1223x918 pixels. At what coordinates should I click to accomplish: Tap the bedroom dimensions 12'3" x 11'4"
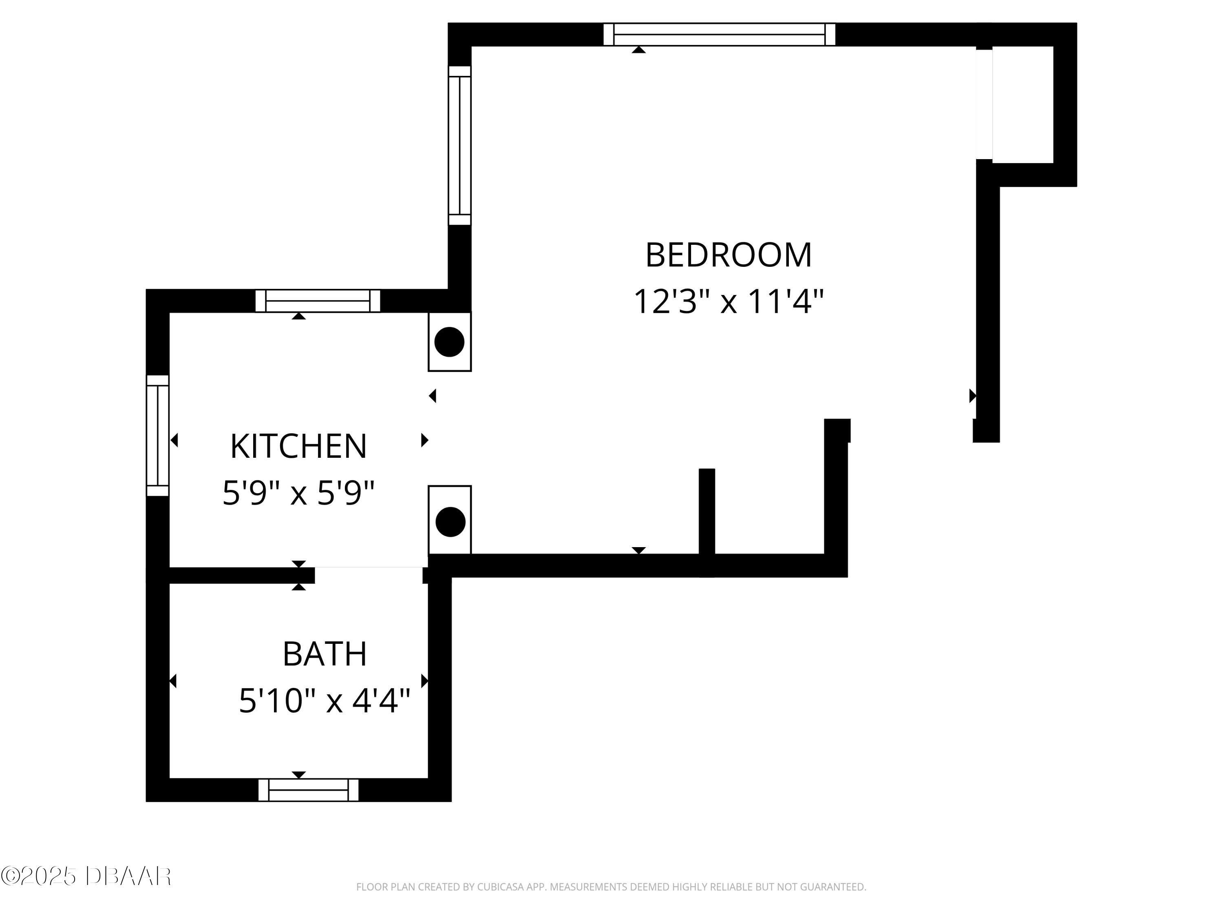tap(728, 302)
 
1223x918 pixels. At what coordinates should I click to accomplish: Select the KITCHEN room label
tap(298, 446)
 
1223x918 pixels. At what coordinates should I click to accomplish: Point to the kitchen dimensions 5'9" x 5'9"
tap(298, 492)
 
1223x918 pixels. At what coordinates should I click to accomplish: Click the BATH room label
tap(325, 654)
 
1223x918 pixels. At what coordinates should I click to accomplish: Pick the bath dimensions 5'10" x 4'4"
tap(325, 701)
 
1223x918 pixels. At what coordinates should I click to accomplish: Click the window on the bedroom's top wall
tap(719, 34)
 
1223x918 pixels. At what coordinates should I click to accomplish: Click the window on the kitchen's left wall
tap(158, 435)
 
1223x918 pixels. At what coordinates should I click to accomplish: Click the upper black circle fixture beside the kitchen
tap(449, 341)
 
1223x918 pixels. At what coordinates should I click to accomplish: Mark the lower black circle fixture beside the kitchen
tap(450, 521)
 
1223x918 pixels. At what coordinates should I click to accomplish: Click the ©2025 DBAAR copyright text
tap(86, 876)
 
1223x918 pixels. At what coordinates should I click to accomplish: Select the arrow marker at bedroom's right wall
tap(972, 396)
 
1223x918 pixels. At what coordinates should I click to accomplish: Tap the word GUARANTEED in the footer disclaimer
tap(832, 887)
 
